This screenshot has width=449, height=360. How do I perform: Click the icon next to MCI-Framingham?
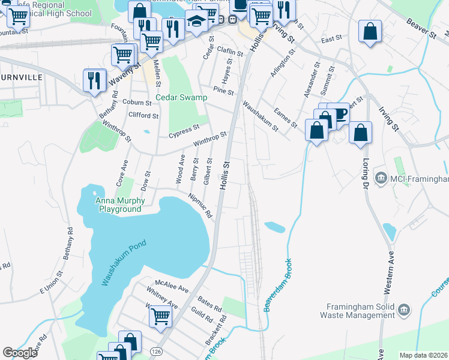381,178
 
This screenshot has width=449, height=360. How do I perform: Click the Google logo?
20,353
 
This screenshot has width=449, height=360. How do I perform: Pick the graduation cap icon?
196,21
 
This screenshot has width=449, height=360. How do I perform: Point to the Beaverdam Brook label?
277,284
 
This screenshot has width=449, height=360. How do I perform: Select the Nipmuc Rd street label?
201,206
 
